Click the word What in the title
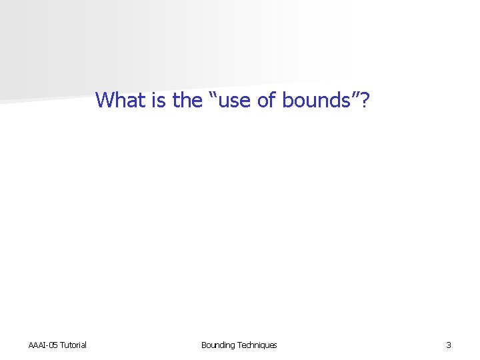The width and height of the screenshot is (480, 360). [118, 100]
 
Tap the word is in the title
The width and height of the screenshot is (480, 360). [156, 100]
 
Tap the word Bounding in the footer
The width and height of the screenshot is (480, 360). [217, 345]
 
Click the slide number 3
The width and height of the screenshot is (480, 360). [449, 345]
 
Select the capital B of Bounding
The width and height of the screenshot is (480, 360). [204, 345]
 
